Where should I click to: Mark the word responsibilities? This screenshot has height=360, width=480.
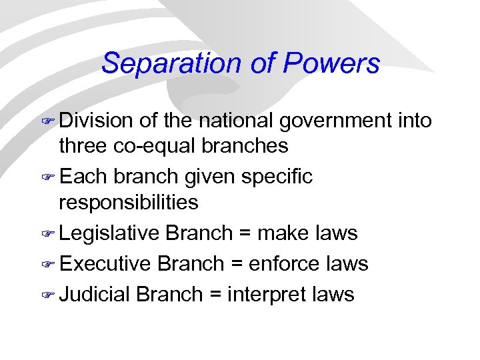(x=129, y=201)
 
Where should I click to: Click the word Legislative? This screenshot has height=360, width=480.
(x=109, y=233)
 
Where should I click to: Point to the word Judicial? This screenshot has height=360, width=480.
(x=95, y=294)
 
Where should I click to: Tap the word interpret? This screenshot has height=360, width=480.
(x=265, y=294)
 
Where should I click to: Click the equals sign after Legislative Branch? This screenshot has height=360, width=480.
(x=244, y=233)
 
